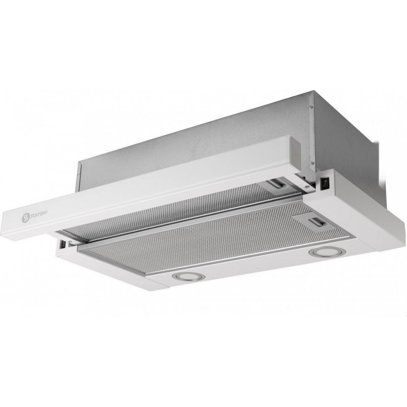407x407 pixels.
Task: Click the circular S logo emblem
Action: pos(25,218)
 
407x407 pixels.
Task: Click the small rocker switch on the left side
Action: pos(62,244)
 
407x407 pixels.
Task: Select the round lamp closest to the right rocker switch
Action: pos(327,252)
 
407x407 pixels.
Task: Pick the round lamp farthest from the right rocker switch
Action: pos(189,276)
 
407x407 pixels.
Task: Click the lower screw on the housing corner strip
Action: pos(311,163)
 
